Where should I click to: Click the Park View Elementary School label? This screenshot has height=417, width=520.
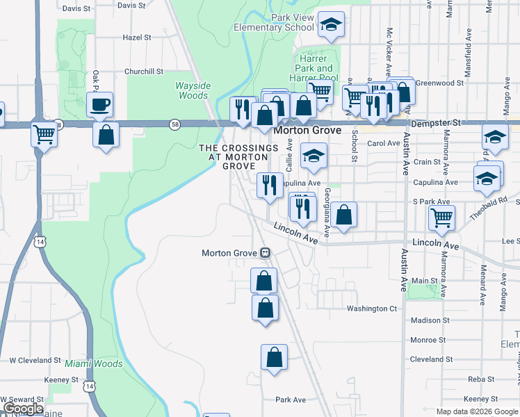click(273, 22)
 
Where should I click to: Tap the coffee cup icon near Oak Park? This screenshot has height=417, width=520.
click(99, 104)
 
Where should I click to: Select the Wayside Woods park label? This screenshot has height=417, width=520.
click(193, 90)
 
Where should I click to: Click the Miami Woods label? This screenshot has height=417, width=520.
click(94, 364)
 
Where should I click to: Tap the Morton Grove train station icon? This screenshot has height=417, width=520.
click(265, 253)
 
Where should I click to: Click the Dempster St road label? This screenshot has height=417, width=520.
click(437, 122)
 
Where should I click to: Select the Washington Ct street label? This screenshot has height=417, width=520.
click(373, 309)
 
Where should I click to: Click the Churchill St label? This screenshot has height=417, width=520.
click(143, 72)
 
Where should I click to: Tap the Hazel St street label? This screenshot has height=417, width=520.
click(136, 38)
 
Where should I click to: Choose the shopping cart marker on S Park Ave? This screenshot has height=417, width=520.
click(441, 217)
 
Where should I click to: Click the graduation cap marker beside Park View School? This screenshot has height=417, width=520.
click(332, 25)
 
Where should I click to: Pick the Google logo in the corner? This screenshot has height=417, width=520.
click(23, 409)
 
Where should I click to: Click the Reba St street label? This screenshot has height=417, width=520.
click(480, 379)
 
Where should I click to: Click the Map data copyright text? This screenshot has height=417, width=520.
click(478, 411)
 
